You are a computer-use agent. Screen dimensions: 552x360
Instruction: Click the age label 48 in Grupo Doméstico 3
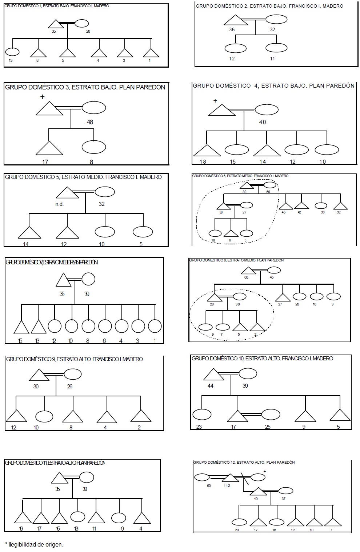pos(90,122)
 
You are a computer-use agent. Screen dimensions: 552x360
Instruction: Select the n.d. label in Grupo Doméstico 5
pos(60,204)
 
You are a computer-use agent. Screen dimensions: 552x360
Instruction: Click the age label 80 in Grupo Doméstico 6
pos(244,192)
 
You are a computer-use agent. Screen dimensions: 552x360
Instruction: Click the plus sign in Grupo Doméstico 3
pos(43,97)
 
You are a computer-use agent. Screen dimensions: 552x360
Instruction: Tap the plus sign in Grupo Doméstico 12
pos(264,472)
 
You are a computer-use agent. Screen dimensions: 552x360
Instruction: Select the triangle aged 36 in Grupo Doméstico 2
pos(236,21)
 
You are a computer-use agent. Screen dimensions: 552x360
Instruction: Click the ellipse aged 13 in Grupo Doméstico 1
pos(12,52)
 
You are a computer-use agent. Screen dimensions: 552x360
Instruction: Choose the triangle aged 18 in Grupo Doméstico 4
pos(207,151)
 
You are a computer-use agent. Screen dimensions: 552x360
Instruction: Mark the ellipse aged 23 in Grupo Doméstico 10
pos(202,414)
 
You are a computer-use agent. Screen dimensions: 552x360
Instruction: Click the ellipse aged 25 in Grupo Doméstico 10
pos(271,414)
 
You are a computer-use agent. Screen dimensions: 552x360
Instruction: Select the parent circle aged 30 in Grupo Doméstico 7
pos(88,279)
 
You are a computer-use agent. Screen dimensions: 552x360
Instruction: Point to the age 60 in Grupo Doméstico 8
pos(246,277)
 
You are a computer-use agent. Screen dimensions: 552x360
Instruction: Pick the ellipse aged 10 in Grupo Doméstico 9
pos(44,416)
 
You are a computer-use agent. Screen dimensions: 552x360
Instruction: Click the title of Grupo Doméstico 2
pos(269,6)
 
